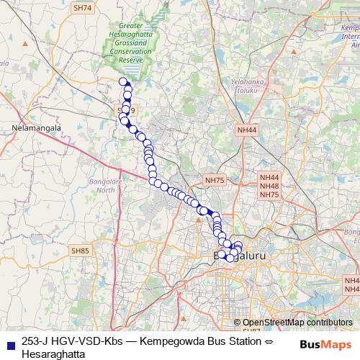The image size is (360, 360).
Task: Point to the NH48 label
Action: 269,186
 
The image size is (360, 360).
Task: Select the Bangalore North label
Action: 102,185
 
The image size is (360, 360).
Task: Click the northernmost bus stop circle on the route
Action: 123,81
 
